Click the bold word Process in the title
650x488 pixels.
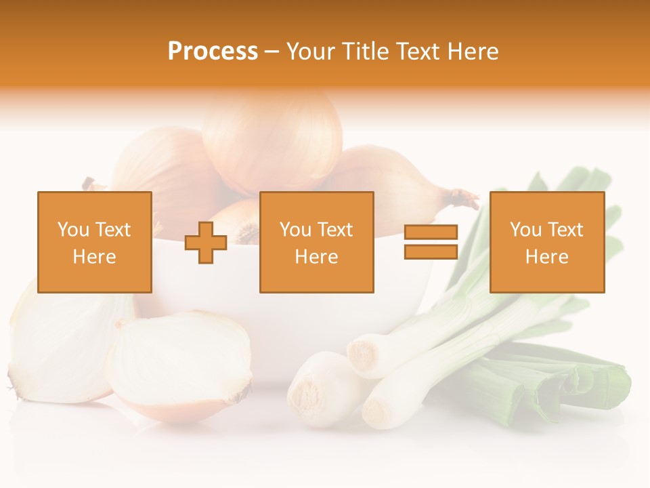click(x=213, y=52)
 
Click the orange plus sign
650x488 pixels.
click(x=206, y=242)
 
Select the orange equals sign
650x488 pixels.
click(x=431, y=242)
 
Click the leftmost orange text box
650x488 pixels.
click(x=95, y=242)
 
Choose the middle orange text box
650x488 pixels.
click(x=316, y=242)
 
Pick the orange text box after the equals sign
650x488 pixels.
click(x=546, y=242)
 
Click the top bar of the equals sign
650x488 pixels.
click(x=431, y=232)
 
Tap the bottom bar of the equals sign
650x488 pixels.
click(x=431, y=251)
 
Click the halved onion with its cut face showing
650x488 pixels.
click(x=179, y=366)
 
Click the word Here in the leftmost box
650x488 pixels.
click(x=94, y=257)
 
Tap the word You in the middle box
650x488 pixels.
click(x=295, y=230)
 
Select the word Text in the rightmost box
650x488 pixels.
click(x=564, y=230)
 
